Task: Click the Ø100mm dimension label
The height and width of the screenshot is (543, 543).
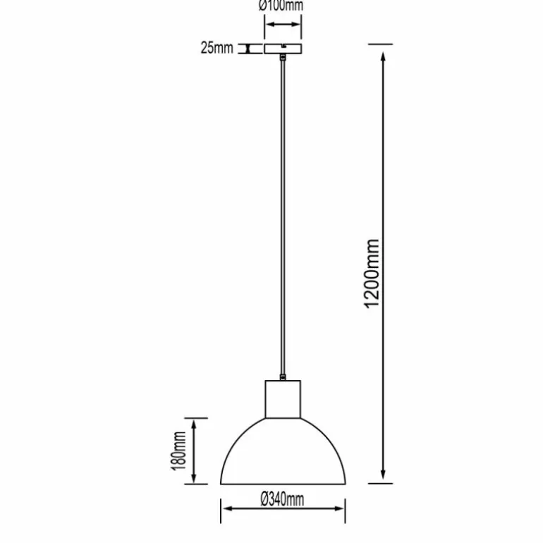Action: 281,6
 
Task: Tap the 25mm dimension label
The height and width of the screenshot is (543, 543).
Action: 216,48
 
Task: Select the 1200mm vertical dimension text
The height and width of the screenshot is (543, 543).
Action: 372,274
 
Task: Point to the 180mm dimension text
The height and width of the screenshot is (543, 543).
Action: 178,451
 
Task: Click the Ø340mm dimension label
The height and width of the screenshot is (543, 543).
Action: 282,499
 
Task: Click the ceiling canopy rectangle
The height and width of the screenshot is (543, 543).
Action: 283,49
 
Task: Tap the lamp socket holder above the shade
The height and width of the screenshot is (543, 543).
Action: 283,399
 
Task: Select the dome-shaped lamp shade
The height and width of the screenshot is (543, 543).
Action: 283,451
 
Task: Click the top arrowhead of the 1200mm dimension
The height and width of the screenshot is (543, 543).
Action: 383,57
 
